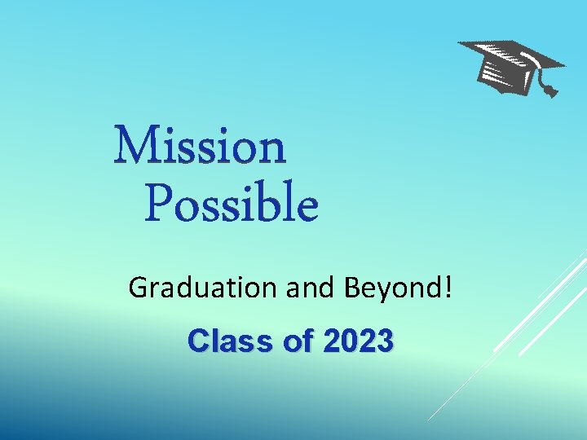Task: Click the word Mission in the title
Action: [x=201, y=147]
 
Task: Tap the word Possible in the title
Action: [x=232, y=205]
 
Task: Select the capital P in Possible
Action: [x=160, y=205]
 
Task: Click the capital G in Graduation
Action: [x=139, y=287]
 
